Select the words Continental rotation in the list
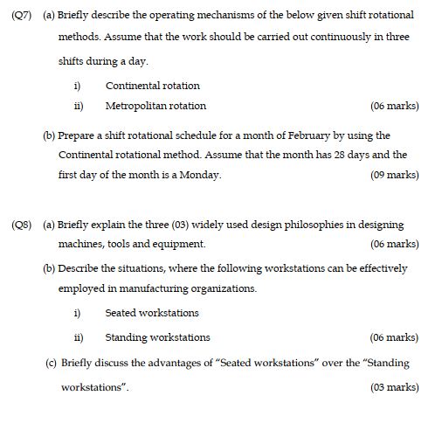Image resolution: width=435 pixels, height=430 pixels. [x=152, y=86]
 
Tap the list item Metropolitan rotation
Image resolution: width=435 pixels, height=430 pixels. [x=155, y=106]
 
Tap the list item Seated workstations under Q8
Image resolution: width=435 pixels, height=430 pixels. [x=151, y=313]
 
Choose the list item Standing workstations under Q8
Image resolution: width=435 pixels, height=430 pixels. [x=157, y=336]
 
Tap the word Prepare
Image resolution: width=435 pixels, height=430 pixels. [x=79, y=135]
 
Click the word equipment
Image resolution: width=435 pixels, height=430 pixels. [x=181, y=244]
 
